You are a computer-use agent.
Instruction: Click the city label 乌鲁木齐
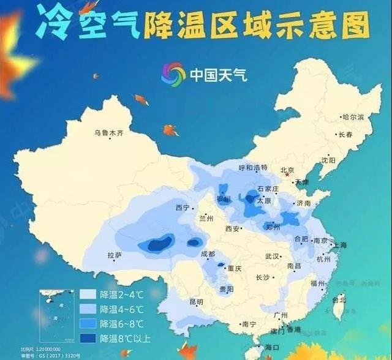[x=108, y=132]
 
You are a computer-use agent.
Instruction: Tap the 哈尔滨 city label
[x=353, y=116]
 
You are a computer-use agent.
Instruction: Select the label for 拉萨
[x=115, y=255]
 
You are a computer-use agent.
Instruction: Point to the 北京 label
[x=287, y=170]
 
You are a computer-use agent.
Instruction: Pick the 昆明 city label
[x=196, y=301]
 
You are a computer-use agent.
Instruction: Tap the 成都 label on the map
[x=208, y=254]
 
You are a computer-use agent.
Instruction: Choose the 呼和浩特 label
[x=253, y=167]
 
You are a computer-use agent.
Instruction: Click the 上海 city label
[x=339, y=245]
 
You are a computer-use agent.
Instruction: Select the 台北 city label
[x=338, y=300]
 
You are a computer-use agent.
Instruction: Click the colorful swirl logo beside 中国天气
[x=173, y=74]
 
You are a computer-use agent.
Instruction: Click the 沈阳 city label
[x=328, y=160]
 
